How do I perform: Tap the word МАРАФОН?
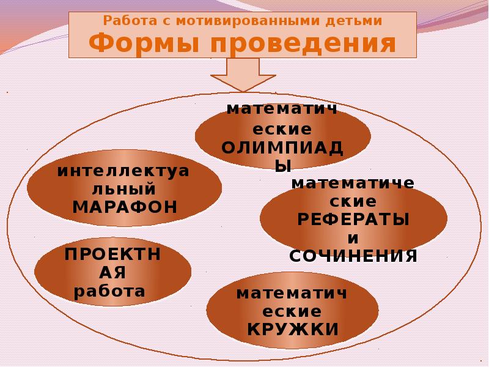point(125,206)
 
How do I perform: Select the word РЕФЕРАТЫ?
point(353,219)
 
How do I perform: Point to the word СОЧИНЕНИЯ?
point(353,255)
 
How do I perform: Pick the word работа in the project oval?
point(109,291)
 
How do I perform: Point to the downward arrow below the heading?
point(243,75)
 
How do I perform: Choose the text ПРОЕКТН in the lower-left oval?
point(113,254)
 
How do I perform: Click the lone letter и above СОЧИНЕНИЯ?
point(353,237)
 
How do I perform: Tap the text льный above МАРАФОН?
point(125,188)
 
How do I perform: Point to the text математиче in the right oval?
point(353,183)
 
